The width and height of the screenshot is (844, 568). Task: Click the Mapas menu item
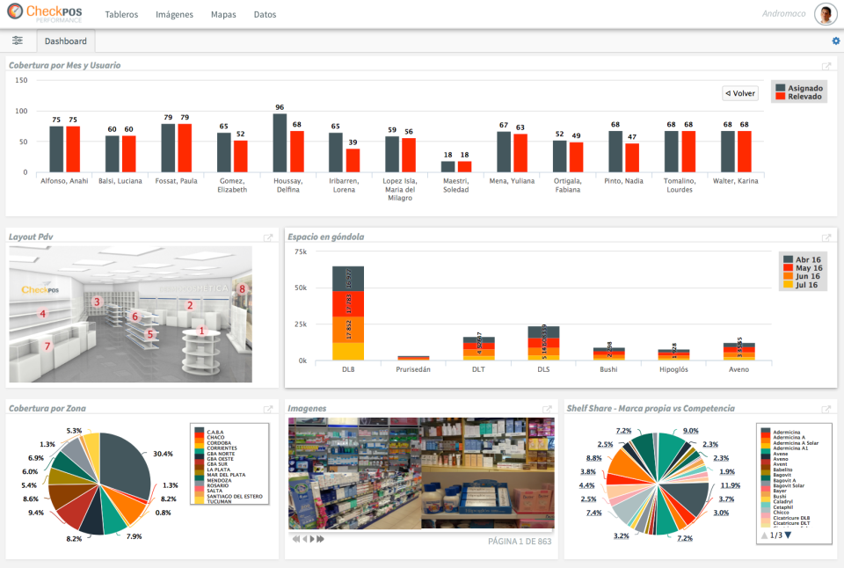[223, 15]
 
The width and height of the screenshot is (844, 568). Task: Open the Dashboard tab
[66, 41]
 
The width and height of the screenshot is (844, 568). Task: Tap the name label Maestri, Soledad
[455, 186]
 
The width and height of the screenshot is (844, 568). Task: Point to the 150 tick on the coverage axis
[22, 80]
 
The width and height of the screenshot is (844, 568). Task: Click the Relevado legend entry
[804, 97]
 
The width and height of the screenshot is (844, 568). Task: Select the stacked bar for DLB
[348, 313]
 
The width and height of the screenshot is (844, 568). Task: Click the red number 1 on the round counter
[202, 331]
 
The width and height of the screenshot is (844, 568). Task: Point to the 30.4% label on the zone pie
[163, 455]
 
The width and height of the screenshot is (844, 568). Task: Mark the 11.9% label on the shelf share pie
[730, 485]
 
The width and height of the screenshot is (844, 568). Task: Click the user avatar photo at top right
[825, 14]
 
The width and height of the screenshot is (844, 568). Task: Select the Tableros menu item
[121, 15]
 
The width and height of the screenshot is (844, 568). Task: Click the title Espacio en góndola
[325, 237]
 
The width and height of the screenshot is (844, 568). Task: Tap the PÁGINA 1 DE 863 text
[520, 541]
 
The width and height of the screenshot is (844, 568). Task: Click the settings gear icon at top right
[836, 41]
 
